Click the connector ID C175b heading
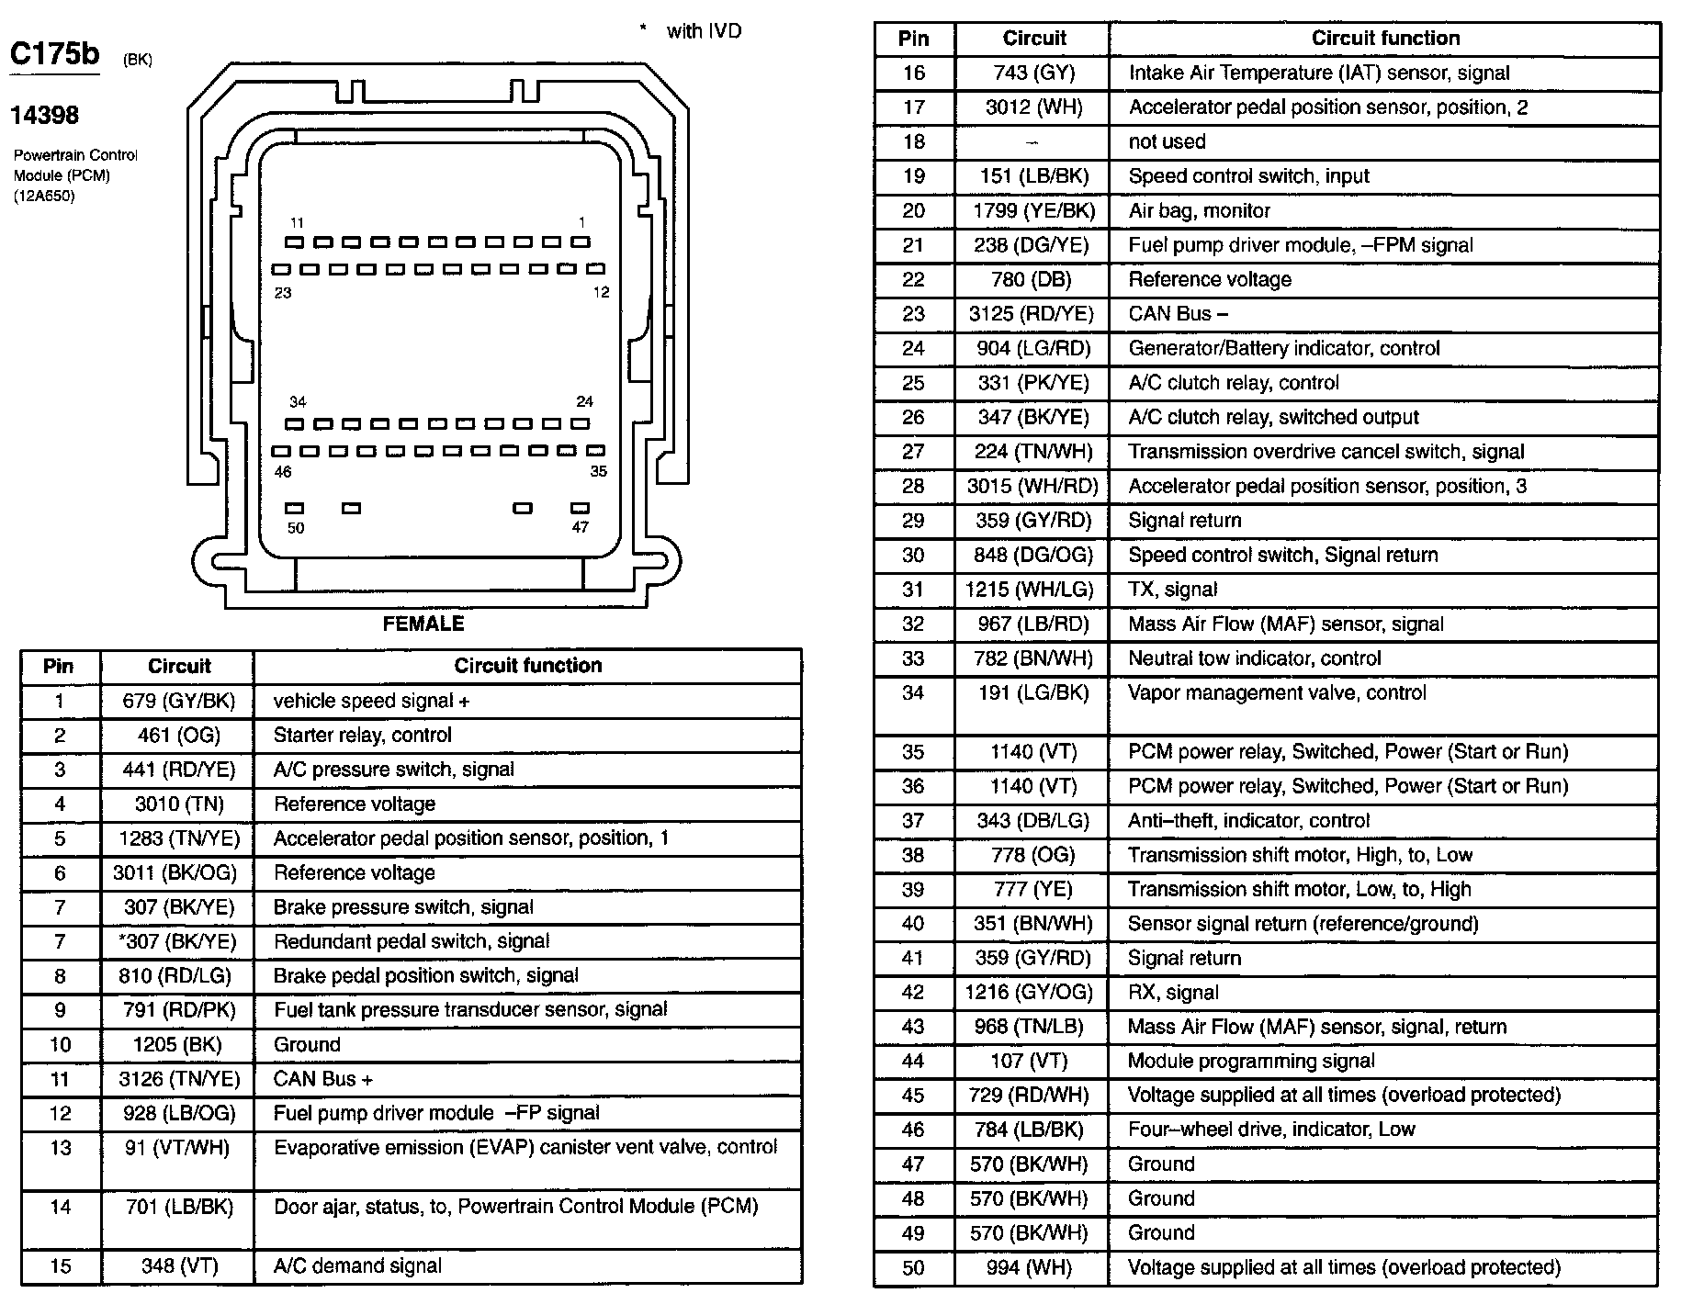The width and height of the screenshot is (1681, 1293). pyautogui.click(x=54, y=54)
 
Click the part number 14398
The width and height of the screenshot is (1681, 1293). pyautogui.click(x=44, y=116)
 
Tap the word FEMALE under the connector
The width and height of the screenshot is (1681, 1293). pyautogui.click(x=423, y=624)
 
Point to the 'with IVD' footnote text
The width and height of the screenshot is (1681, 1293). pyautogui.click(x=703, y=31)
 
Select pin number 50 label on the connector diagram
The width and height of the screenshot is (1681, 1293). pyautogui.click(x=296, y=528)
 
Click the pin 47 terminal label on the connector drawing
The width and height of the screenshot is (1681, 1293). pyautogui.click(x=580, y=527)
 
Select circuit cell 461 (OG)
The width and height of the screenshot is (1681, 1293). pyautogui.click(x=179, y=736)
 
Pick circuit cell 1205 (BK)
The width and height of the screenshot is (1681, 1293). pyautogui.click(x=179, y=1045)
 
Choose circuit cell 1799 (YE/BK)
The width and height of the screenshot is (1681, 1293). pyautogui.click(x=1034, y=211)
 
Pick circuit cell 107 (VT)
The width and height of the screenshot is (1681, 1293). pyautogui.click(x=1034, y=1062)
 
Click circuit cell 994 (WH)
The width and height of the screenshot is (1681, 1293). pyautogui.click(x=1034, y=1268)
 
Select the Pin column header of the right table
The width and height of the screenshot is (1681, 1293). pyautogui.click(x=913, y=39)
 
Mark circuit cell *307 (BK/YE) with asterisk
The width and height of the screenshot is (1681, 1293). pyautogui.click(x=178, y=942)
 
